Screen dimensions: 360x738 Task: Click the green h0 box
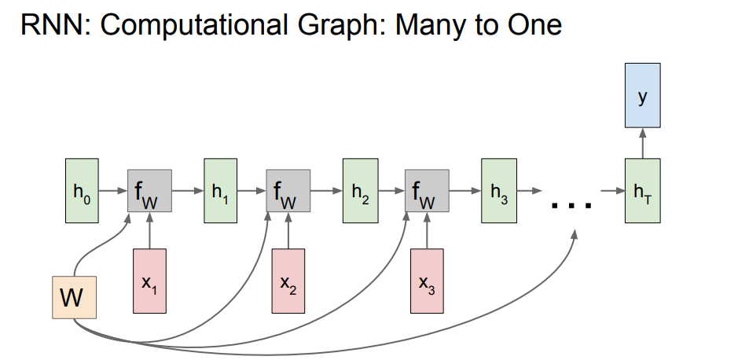pos(81,190)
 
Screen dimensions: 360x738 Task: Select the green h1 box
pos(220,190)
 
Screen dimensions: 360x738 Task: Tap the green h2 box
pos(359,190)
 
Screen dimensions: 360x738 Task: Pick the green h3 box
pos(498,190)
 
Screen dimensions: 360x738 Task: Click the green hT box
pos(643,190)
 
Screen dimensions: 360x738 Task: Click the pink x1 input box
pos(149,281)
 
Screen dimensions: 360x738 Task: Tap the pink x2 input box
pos(288,281)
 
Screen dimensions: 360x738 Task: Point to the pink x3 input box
pos(426,281)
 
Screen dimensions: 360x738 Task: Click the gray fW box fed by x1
pos(149,191)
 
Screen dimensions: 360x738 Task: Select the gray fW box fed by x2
pos(288,191)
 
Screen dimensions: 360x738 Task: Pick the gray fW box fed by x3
pos(427,191)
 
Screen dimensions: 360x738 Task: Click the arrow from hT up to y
pos(643,142)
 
